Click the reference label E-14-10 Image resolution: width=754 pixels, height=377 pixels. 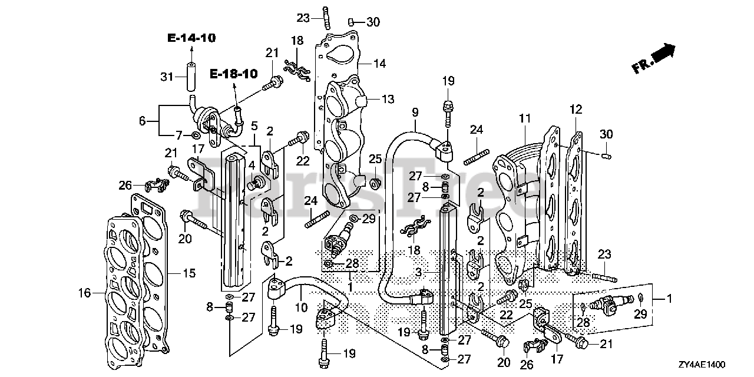[x=191, y=38]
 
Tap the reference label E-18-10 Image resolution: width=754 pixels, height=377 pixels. [x=234, y=74]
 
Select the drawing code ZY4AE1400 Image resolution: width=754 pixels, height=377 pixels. [x=717, y=365]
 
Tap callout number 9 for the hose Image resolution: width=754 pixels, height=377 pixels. [x=415, y=111]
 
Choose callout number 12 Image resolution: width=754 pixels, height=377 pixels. [x=576, y=109]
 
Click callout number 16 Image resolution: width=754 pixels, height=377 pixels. [x=85, y=292]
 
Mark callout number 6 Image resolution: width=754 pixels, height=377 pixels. [x=142, y=121]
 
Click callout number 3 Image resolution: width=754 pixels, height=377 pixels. [x=417, y=273]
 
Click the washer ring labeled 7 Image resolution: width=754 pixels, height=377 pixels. [x=195, y=136]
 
